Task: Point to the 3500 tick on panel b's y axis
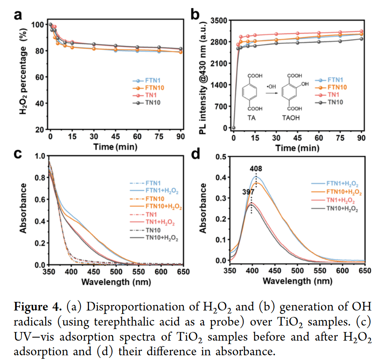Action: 219,20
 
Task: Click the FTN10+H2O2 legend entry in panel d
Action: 343,192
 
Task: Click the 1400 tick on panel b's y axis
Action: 219,85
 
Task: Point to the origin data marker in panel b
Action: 233,128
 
